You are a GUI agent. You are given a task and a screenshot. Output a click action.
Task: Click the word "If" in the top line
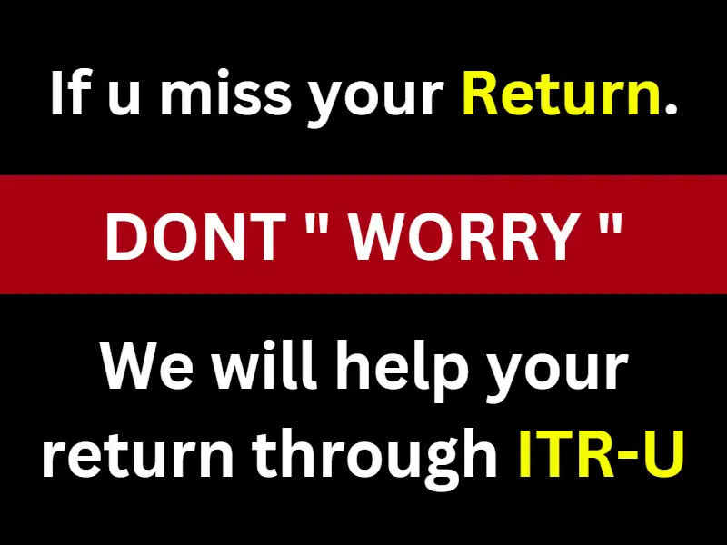pos(69,93)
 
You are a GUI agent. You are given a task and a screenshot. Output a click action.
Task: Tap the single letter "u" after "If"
pos(124,98)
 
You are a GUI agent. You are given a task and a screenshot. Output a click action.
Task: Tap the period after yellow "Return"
pos(671,107)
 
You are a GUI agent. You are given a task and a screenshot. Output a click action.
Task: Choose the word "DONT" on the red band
pos(195,237)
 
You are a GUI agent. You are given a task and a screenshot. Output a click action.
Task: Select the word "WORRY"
pos(463,237)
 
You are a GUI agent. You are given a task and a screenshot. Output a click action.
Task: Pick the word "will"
pos(264,364)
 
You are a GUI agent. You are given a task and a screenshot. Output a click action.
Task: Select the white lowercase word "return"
pos(138,453)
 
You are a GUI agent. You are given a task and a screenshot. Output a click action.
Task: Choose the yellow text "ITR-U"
pos(601,453)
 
